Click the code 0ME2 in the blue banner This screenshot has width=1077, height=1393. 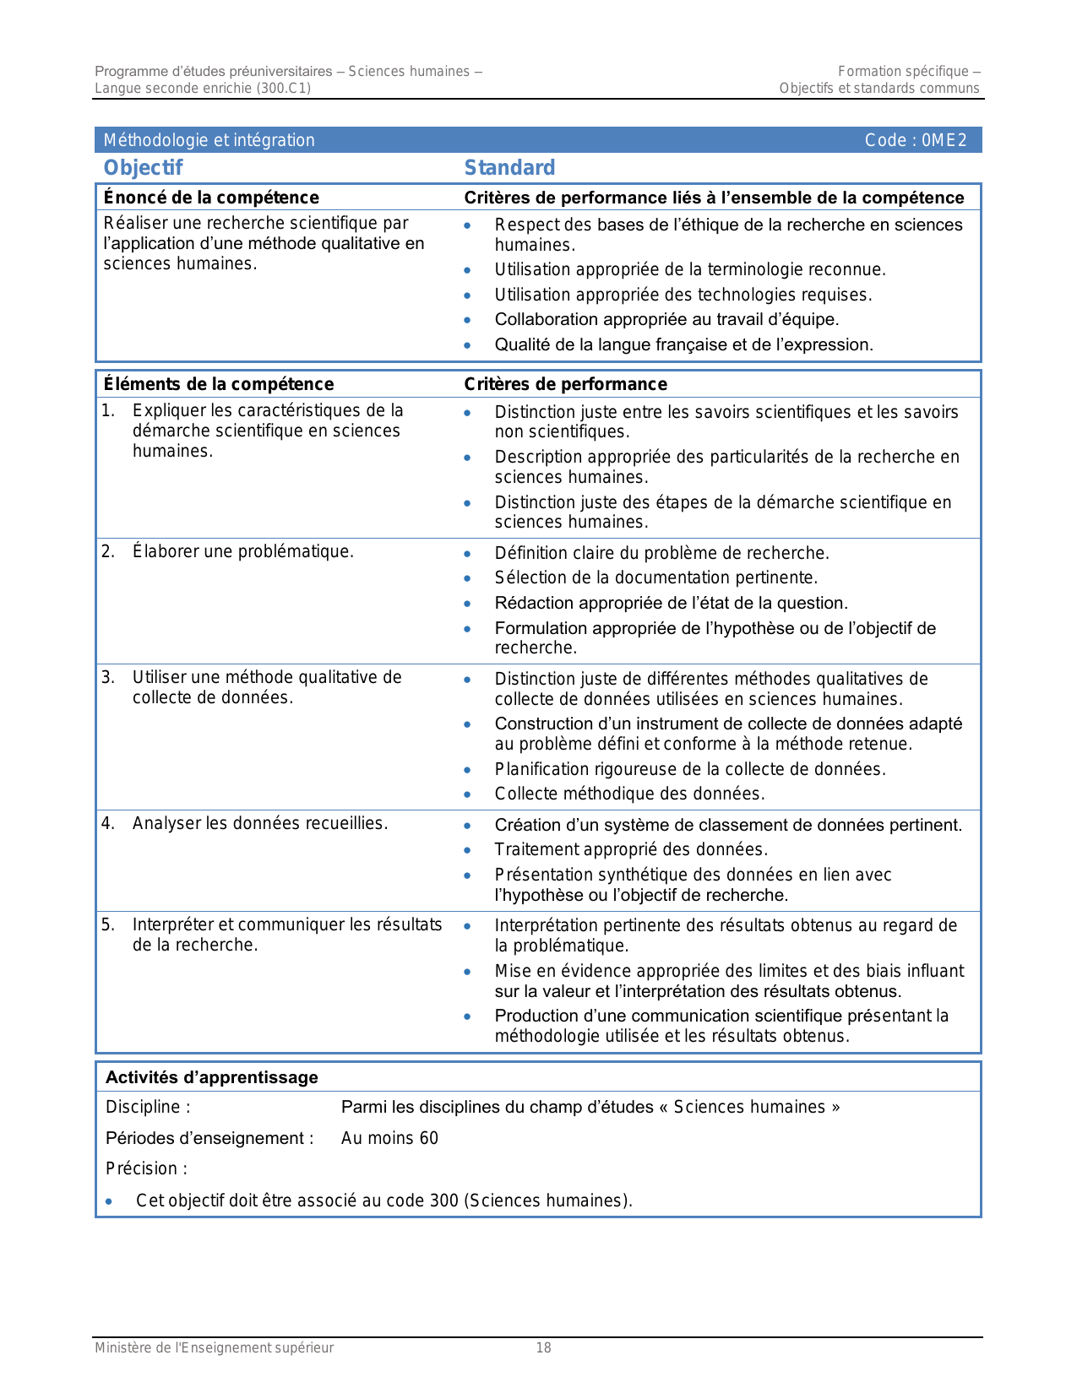944,141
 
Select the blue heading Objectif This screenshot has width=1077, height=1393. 143,168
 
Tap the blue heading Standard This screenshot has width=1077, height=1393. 509,168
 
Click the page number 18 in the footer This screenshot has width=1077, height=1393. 543,1348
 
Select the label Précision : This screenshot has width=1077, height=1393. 146,1168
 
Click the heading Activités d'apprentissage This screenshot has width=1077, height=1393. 211,1077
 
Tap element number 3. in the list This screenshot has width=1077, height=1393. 108,677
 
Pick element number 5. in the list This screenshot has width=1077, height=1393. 108,924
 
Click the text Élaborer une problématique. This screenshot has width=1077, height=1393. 242,551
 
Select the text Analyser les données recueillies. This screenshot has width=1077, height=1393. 259,823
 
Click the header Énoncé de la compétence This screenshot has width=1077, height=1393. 211,198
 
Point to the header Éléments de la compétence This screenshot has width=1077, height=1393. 218,384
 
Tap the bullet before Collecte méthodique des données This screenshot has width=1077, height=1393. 467,794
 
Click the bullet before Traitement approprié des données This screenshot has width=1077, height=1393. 467,850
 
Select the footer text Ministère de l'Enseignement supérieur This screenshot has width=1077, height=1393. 214,1348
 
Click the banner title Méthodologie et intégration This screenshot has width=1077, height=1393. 209,140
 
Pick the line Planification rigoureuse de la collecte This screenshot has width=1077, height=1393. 689,769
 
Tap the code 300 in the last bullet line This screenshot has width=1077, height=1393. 443,1201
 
